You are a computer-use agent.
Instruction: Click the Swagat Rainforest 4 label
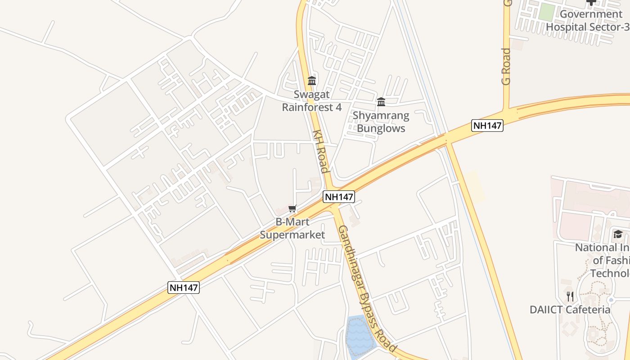click(312, 101)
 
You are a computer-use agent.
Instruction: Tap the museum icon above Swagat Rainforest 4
click(312, 81)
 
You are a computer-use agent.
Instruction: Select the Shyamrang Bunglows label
click(381, 122)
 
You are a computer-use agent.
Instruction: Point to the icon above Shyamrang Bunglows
click(381, 102)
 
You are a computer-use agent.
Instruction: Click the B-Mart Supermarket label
click(292, 229)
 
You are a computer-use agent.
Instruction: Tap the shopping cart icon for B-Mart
click(292, 208)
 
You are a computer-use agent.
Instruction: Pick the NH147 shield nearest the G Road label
click(487, 126)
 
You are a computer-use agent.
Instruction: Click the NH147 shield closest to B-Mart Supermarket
click(339, 197)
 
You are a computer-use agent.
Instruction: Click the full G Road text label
click(507, 67)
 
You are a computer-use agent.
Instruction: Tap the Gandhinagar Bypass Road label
click(367, 288)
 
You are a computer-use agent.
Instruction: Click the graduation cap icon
click(618, 234)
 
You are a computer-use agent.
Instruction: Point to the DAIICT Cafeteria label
click(570, 310)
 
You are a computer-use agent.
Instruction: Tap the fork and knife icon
click(570, 296)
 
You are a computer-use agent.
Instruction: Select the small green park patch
click(546, 12)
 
